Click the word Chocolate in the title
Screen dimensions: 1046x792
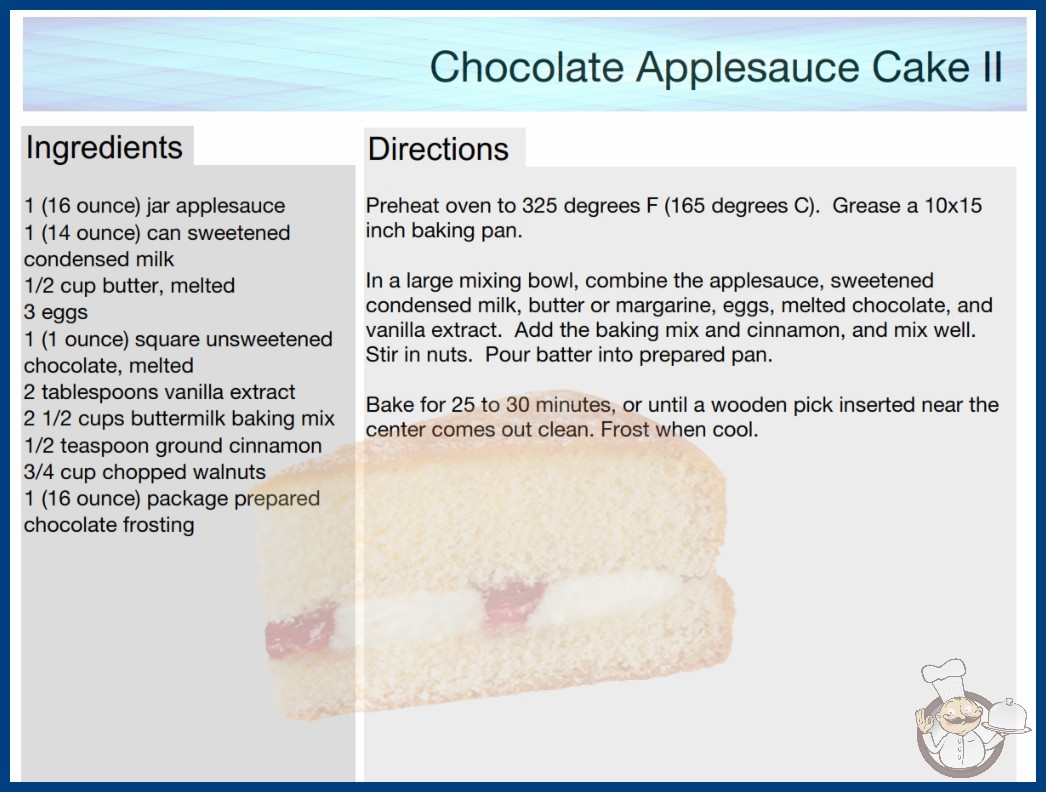coord(527,67)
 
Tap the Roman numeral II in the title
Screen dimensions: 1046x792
coord(991,67)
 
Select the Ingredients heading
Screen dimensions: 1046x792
coord(104,148)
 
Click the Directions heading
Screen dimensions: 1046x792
coord(438,149)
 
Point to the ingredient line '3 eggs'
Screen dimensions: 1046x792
coord(56,312)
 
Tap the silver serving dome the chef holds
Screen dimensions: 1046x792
coord(1007,717)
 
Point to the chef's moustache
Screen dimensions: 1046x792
coord(959,720)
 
